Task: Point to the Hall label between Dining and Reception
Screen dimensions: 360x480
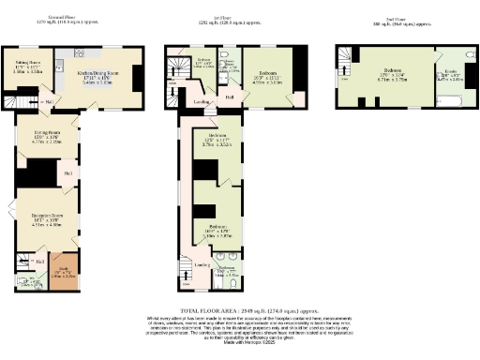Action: point(69,172)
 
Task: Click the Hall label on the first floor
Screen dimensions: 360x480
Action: point(230,97)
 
